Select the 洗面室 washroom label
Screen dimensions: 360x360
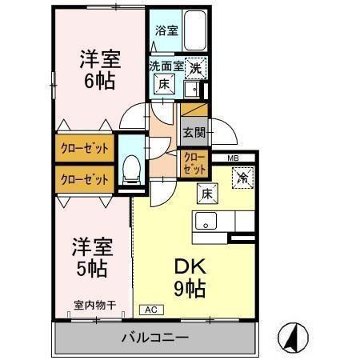point(166,66)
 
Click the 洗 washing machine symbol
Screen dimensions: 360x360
point(194,69)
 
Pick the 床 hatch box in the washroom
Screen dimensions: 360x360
point(163,84)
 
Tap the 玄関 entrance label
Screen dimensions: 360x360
point(194,133)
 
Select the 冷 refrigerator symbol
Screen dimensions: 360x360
point(242,177)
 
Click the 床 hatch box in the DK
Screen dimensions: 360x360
point(205,193)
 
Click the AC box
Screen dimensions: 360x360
point(150,308)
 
